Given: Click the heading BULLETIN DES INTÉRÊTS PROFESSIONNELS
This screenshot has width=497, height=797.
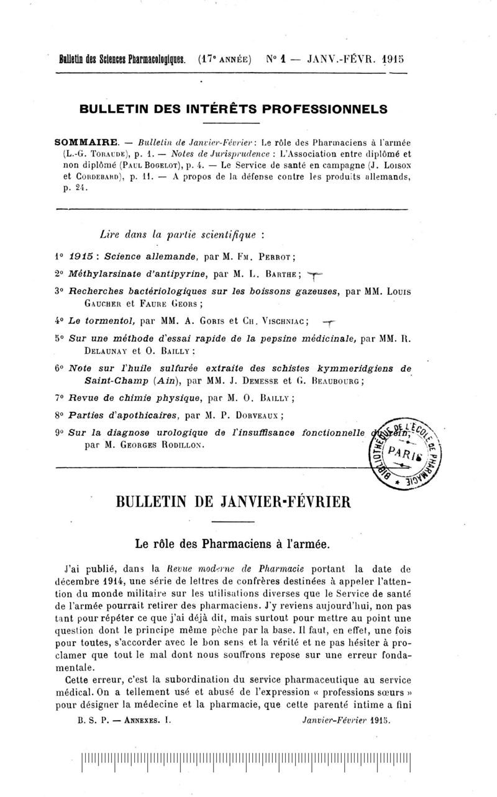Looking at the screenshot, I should pyautogui.click(x=234, y=108).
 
